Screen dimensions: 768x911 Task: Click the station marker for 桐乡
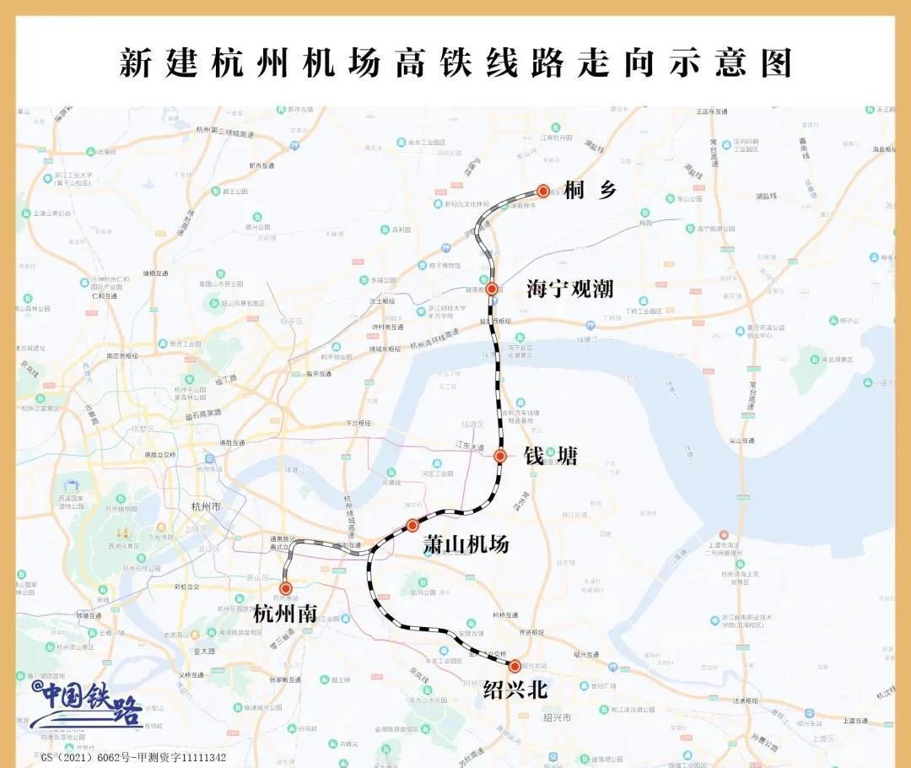(x=543, y=192)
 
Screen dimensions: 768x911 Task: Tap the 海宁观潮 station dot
(x=492, y=289)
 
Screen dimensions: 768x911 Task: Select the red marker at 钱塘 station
(x=499, y=456)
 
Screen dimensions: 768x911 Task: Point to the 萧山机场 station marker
(x=412, y=525)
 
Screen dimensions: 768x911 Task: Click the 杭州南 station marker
(x=286, y=588)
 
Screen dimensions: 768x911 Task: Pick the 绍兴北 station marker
(x=515, y=666)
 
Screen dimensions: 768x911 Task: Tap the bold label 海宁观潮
(x=569, y=289)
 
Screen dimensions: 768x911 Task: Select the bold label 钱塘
(x=551, y=457)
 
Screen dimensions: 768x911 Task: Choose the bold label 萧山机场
(x=466, y=545)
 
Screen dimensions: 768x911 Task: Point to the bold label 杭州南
(x=285, y=614)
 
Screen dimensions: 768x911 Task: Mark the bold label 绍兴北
(x=515, y=690)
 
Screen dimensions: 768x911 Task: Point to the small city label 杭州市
(x=205, y=506)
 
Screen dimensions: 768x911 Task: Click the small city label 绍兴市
(x=557, y=717)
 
